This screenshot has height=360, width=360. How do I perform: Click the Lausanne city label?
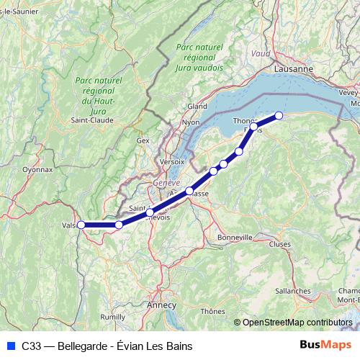(x=294, y=68)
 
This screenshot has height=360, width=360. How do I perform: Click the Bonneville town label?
(x=235, y=237)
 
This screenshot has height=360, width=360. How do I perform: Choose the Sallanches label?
(x=292, y=290)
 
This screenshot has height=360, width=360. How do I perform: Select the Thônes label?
(x=213, y=311)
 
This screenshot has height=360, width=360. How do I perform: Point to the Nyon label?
(x=191, y=122)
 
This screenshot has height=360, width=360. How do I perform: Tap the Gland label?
(x=197, y=106)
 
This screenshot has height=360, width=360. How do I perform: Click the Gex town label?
(x=143, y=140)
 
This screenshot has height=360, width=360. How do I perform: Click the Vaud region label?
(x=261, y=53)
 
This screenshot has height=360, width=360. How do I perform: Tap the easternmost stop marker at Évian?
(x=279, y=115)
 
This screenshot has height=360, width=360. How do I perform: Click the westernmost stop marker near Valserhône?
(x=81, y=225)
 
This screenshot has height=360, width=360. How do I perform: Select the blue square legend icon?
(x=10, y=346)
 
